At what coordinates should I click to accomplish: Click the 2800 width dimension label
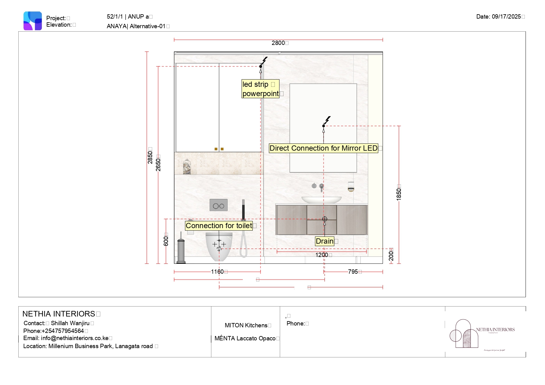[x=278, y=43]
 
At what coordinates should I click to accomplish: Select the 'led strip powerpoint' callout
[x=260, y=89]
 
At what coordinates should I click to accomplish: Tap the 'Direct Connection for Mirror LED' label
[x=323, y=148]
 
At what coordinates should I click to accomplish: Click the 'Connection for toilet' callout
[x=219, y=226]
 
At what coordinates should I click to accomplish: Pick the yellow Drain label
[x=325, y=241]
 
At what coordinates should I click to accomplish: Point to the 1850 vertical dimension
[x=399, y=194]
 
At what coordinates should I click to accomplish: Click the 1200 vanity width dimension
[x=321, y=255]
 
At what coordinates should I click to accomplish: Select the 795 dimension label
[x=353, y=272]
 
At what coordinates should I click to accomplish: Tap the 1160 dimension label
[x=217, y=272]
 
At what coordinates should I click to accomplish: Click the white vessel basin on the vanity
[x=321, y=200]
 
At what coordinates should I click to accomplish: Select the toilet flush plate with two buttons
[x=219, y=205]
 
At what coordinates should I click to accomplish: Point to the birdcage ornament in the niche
[x=187, y=167]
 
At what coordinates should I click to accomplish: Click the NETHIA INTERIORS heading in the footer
[x=59, y=314]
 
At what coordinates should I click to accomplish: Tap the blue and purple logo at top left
[x=33, y=21]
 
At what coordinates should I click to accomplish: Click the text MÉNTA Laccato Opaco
[x=245, y=339]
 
